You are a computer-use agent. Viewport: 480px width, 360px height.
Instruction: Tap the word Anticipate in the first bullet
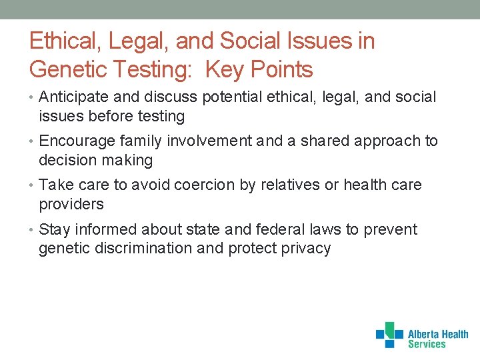pos(71,97)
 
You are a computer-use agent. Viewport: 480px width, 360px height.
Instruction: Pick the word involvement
pos(209,141)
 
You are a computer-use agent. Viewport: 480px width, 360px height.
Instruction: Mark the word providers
pos(71,205)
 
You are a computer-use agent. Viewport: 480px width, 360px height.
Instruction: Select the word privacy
pos(305,249)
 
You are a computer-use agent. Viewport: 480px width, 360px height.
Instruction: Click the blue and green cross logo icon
pos(389,335)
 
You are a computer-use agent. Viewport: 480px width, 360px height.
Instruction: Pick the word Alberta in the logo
pos(424,335)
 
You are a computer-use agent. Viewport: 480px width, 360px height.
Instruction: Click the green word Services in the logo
pos(427,345)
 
